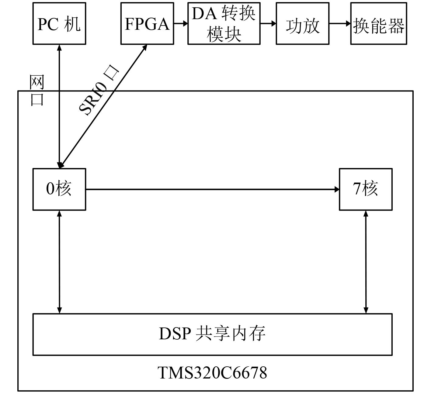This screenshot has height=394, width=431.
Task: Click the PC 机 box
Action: point(59,24)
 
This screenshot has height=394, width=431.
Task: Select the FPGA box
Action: point(147,24)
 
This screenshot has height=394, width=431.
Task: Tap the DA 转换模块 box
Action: point(224,24)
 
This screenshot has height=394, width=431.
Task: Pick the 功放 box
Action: point(303,24)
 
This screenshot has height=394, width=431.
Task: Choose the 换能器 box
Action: point(379,24)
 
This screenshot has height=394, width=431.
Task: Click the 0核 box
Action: point(59,189)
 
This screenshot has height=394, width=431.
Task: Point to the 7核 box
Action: point(366,189)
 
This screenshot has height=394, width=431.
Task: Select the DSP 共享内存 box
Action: point(212,334)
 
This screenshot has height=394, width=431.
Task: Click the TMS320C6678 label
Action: point(212,372)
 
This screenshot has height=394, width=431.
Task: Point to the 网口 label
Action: point(37,91)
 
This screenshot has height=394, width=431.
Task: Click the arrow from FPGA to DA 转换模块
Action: point(181,23)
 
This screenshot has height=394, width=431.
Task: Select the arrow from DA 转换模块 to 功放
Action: point(268,23)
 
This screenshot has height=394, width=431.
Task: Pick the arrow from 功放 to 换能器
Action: point(340,23)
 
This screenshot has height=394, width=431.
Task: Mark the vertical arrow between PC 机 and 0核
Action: point(59,106)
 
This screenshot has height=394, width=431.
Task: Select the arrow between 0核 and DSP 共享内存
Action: point(59,262)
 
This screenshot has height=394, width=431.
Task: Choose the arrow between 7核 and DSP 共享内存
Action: point(366,262)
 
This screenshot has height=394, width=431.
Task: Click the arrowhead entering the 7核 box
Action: point(337,189)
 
